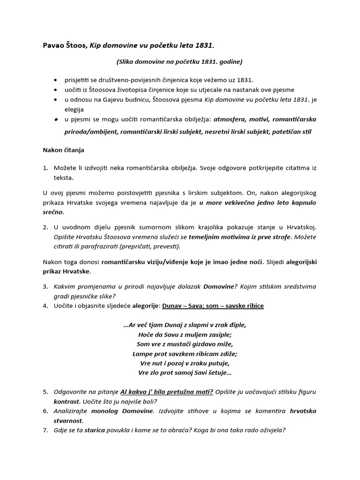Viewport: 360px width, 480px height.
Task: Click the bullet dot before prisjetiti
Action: (x=56, y=81)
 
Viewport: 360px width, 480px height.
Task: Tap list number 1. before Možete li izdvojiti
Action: (x=45, y=168)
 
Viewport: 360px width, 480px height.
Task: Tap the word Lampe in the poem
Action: (x=143, y=353)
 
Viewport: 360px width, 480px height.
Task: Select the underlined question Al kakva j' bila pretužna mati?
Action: (x=167, y=392)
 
